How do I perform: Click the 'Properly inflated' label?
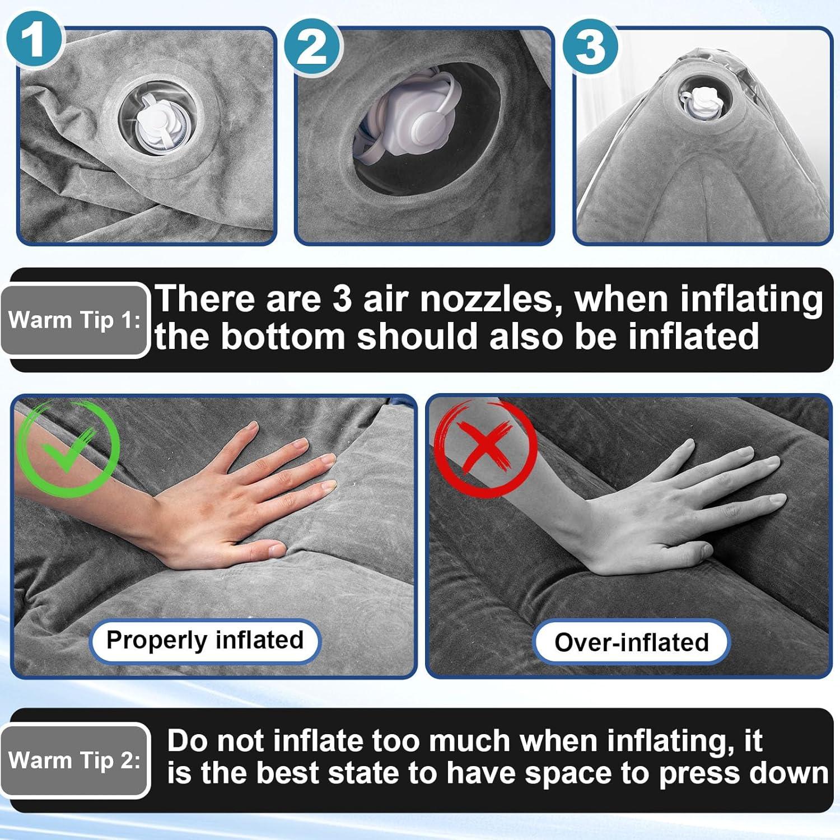205,641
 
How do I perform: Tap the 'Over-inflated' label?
631,642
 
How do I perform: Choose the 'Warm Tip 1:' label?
74,320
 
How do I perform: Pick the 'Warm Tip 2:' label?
74,760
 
